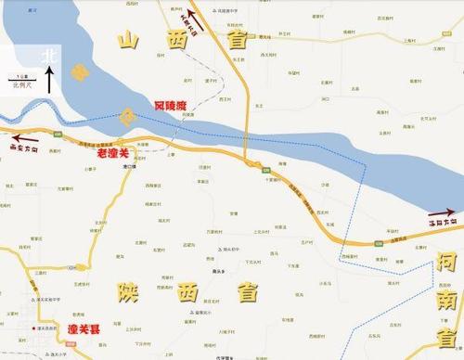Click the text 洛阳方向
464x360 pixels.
439,224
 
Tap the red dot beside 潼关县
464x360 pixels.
35,328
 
